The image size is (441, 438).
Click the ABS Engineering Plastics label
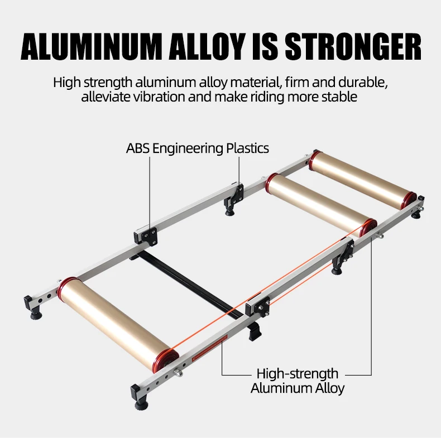[197, 148]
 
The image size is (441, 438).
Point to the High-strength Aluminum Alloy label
[297, 381]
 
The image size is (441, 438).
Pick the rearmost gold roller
[363, 179]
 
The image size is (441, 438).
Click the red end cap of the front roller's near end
[166, 360]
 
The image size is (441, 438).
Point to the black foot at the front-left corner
[32, 306]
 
